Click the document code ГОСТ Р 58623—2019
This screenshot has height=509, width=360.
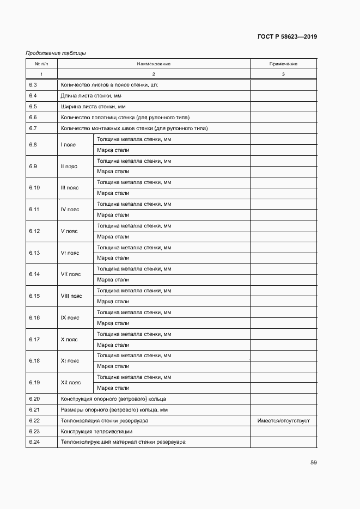(287, 37)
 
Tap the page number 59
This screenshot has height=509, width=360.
(313, 463)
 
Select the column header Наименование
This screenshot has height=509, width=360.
(154, 64)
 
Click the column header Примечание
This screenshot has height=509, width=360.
(283, 64)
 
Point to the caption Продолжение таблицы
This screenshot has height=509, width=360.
(56, 53)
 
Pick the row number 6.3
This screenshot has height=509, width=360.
(33, 85)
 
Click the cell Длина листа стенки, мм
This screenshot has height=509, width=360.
(94, 96)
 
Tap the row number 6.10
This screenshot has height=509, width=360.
(34, 187)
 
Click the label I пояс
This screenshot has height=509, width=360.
(69, 144)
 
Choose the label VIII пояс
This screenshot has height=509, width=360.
(71, 296)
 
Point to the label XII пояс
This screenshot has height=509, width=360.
(71, 382)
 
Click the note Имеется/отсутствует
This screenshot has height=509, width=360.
(283, 420)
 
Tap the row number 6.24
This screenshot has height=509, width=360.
(34, 441)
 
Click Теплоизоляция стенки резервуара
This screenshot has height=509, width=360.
(105, 420)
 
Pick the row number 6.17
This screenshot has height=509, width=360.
(34, 339)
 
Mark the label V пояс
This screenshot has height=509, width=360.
(69, 231)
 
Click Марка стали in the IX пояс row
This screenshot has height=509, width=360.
(113, 323)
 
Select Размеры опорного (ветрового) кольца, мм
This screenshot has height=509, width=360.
(114, 409)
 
